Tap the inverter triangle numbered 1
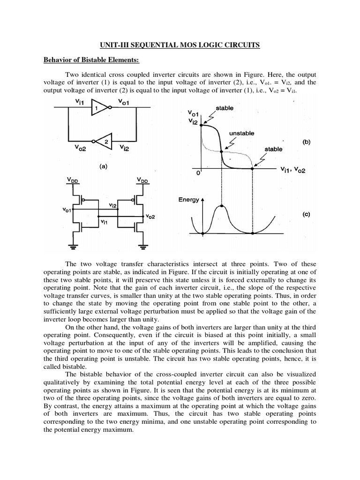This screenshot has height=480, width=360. tap(99, 108)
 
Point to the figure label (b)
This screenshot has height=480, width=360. tap(306, 141)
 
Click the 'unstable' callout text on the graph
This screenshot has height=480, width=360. tap(241, 133)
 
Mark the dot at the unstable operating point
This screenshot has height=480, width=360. tap(222, 151)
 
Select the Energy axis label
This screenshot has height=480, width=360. tap(189, 199)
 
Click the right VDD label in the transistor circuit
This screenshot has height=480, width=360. tap(142, 180)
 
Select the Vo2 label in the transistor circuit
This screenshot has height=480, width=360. tap(150, 216)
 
